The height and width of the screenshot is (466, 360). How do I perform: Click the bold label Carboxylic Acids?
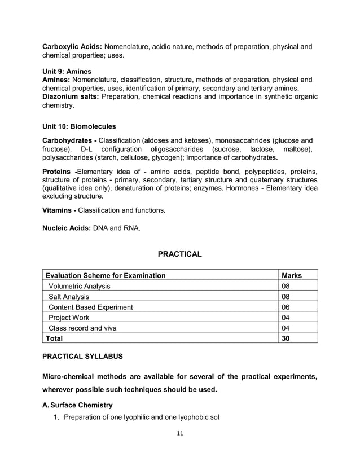(73, 46)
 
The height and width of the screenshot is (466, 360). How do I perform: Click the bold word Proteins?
(58, 171)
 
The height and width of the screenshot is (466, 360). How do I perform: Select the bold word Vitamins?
(58, 210)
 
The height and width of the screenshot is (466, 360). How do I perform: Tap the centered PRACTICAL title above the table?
(179, 254)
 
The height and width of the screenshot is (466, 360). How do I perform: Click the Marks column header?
(292, 275)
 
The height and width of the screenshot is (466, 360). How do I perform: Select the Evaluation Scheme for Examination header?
(106, 275)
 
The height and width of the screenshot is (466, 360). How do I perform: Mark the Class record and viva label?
(83, 328)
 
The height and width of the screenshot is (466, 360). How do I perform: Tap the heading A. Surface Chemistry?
(78, 405)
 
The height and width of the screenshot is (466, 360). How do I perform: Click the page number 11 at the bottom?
(180, 433)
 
